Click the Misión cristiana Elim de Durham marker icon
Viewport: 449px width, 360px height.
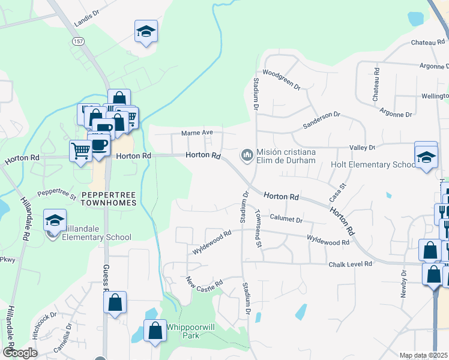247,156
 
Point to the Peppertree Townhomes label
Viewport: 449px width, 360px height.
109,199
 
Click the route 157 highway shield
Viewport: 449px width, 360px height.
79,41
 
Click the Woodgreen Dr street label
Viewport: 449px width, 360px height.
281,79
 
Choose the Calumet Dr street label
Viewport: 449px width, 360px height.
286,220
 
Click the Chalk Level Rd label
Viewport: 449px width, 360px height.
351,264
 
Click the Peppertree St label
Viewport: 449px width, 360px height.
56,194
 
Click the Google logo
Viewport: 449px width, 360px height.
19,353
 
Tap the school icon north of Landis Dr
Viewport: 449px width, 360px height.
145,32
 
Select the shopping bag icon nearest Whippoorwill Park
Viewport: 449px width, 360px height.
155,331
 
